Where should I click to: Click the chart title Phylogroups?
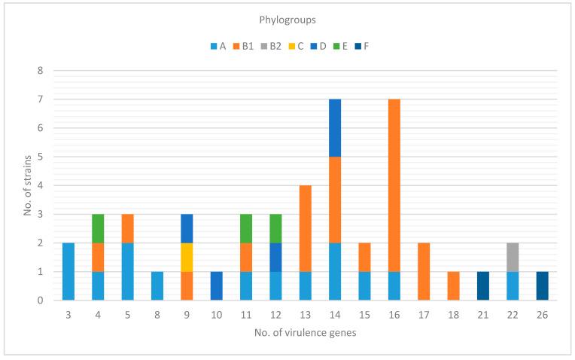click(287, 23)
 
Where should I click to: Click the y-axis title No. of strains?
click(28, 185)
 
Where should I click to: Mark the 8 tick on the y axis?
click(41, 71)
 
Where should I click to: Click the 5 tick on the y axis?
click(41, 157)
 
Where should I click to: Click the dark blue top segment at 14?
click(334, 128)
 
